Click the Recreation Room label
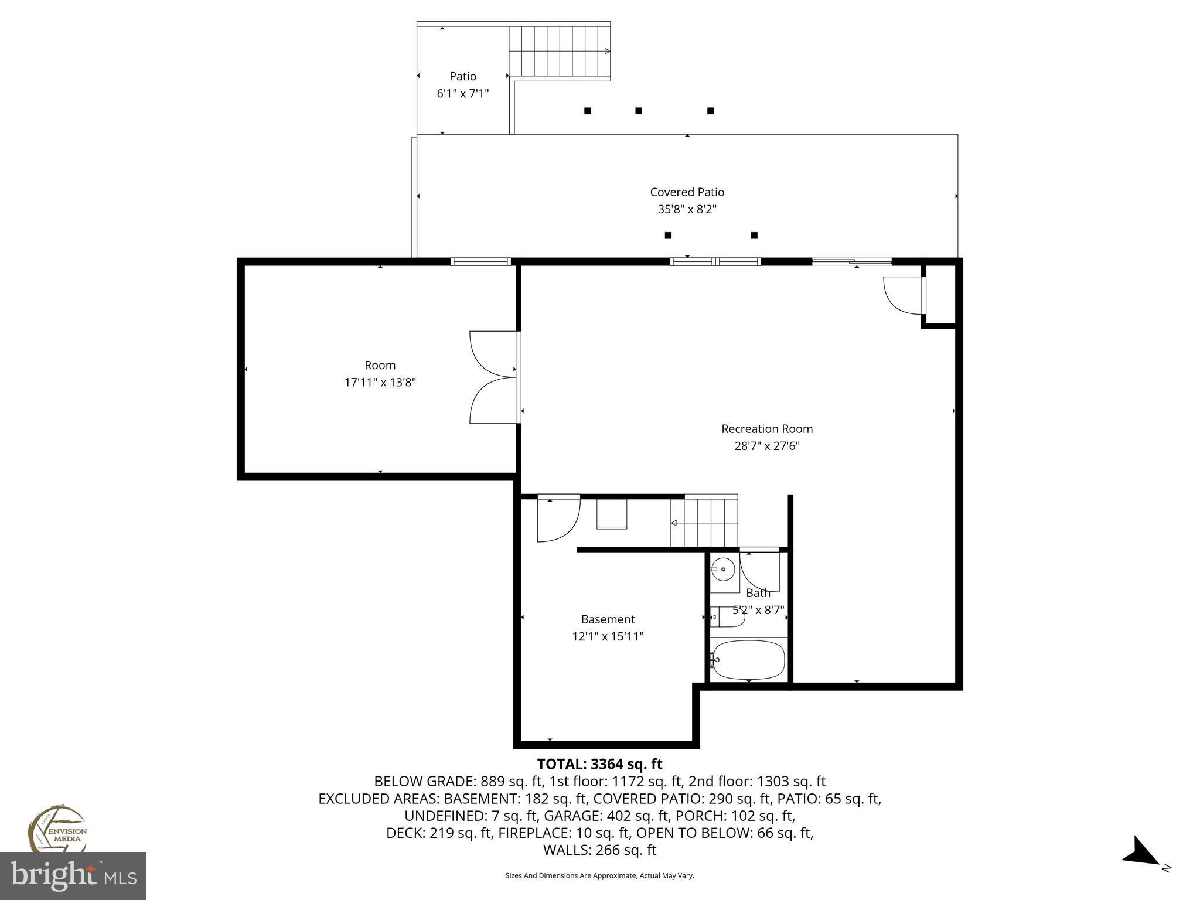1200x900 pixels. [766, 429]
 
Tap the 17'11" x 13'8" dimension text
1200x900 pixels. [380, 383]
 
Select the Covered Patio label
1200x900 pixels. [687, 192]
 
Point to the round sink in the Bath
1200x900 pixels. [724, 569]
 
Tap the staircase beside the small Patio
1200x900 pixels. [559, 51]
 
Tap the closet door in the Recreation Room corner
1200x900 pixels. [903, 295]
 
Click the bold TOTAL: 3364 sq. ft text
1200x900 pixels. [599, 764]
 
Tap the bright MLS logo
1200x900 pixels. [73, 876]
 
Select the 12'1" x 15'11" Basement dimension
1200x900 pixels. [608, 636]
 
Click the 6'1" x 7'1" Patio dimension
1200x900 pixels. [462, 93]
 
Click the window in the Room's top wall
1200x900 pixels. [480, 262]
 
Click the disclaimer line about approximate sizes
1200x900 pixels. [599, 875]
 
